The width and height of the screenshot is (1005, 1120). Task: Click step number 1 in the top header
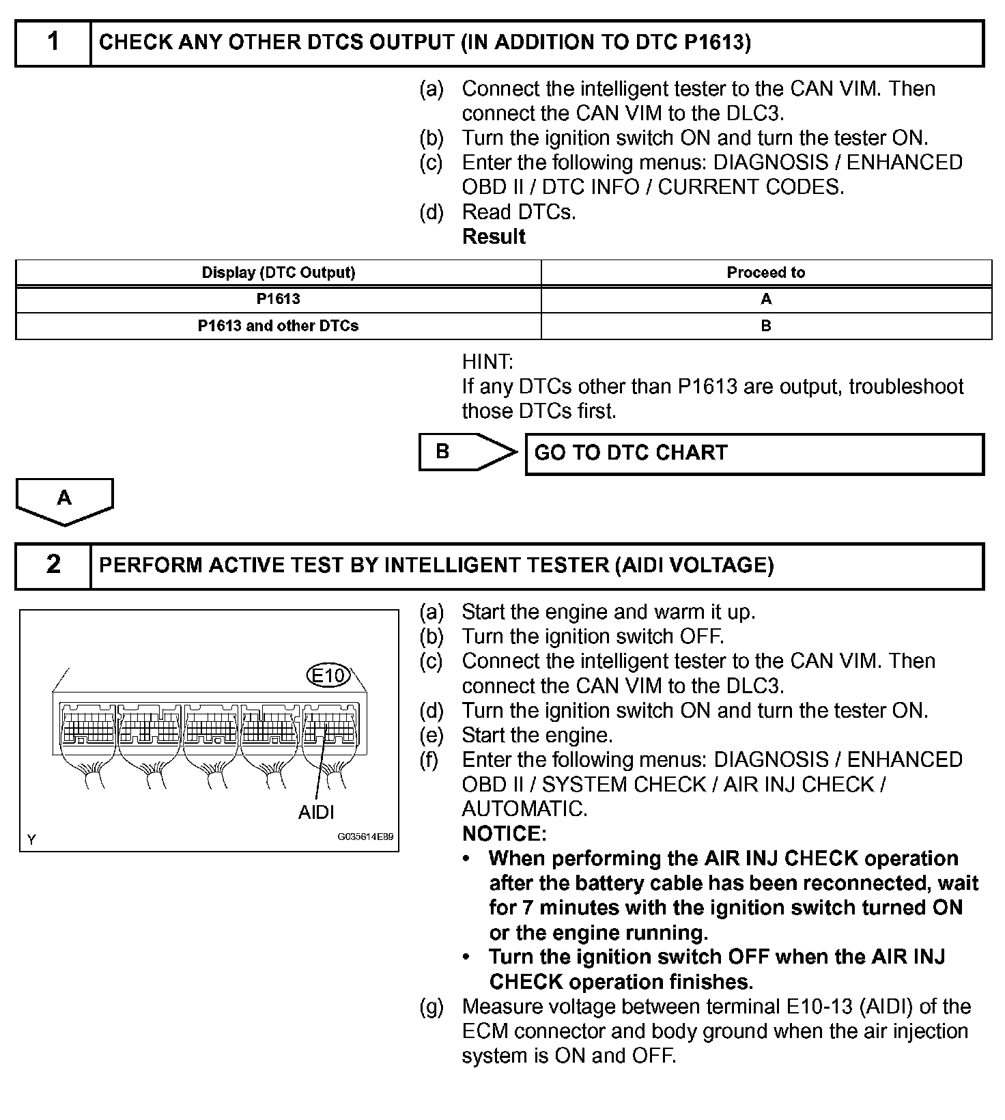(53, 42)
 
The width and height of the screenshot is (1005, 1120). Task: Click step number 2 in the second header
(53, 565)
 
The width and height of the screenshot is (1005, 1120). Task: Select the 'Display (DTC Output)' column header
(279, 272)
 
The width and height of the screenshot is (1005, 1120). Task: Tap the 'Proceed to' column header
(765, 272)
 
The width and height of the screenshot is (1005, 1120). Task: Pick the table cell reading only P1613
(279, 299)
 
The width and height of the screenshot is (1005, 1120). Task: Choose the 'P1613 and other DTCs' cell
(279, 326)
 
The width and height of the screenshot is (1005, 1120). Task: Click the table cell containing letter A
(765, 299)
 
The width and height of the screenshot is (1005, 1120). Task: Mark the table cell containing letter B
(765, 326)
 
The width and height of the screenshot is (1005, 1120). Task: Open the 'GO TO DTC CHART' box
(754, 453)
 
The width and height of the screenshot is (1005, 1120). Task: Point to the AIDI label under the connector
(316, 812)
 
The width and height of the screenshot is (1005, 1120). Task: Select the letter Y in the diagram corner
(31, 839)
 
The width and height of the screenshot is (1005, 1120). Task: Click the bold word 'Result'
(494, 237)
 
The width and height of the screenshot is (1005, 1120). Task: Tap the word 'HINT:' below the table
(487, 361)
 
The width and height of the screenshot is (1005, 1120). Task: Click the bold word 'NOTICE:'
(504, 834)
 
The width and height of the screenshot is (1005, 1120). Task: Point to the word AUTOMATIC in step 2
(524, 809)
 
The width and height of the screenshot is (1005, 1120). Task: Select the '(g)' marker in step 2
(431, 1007)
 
